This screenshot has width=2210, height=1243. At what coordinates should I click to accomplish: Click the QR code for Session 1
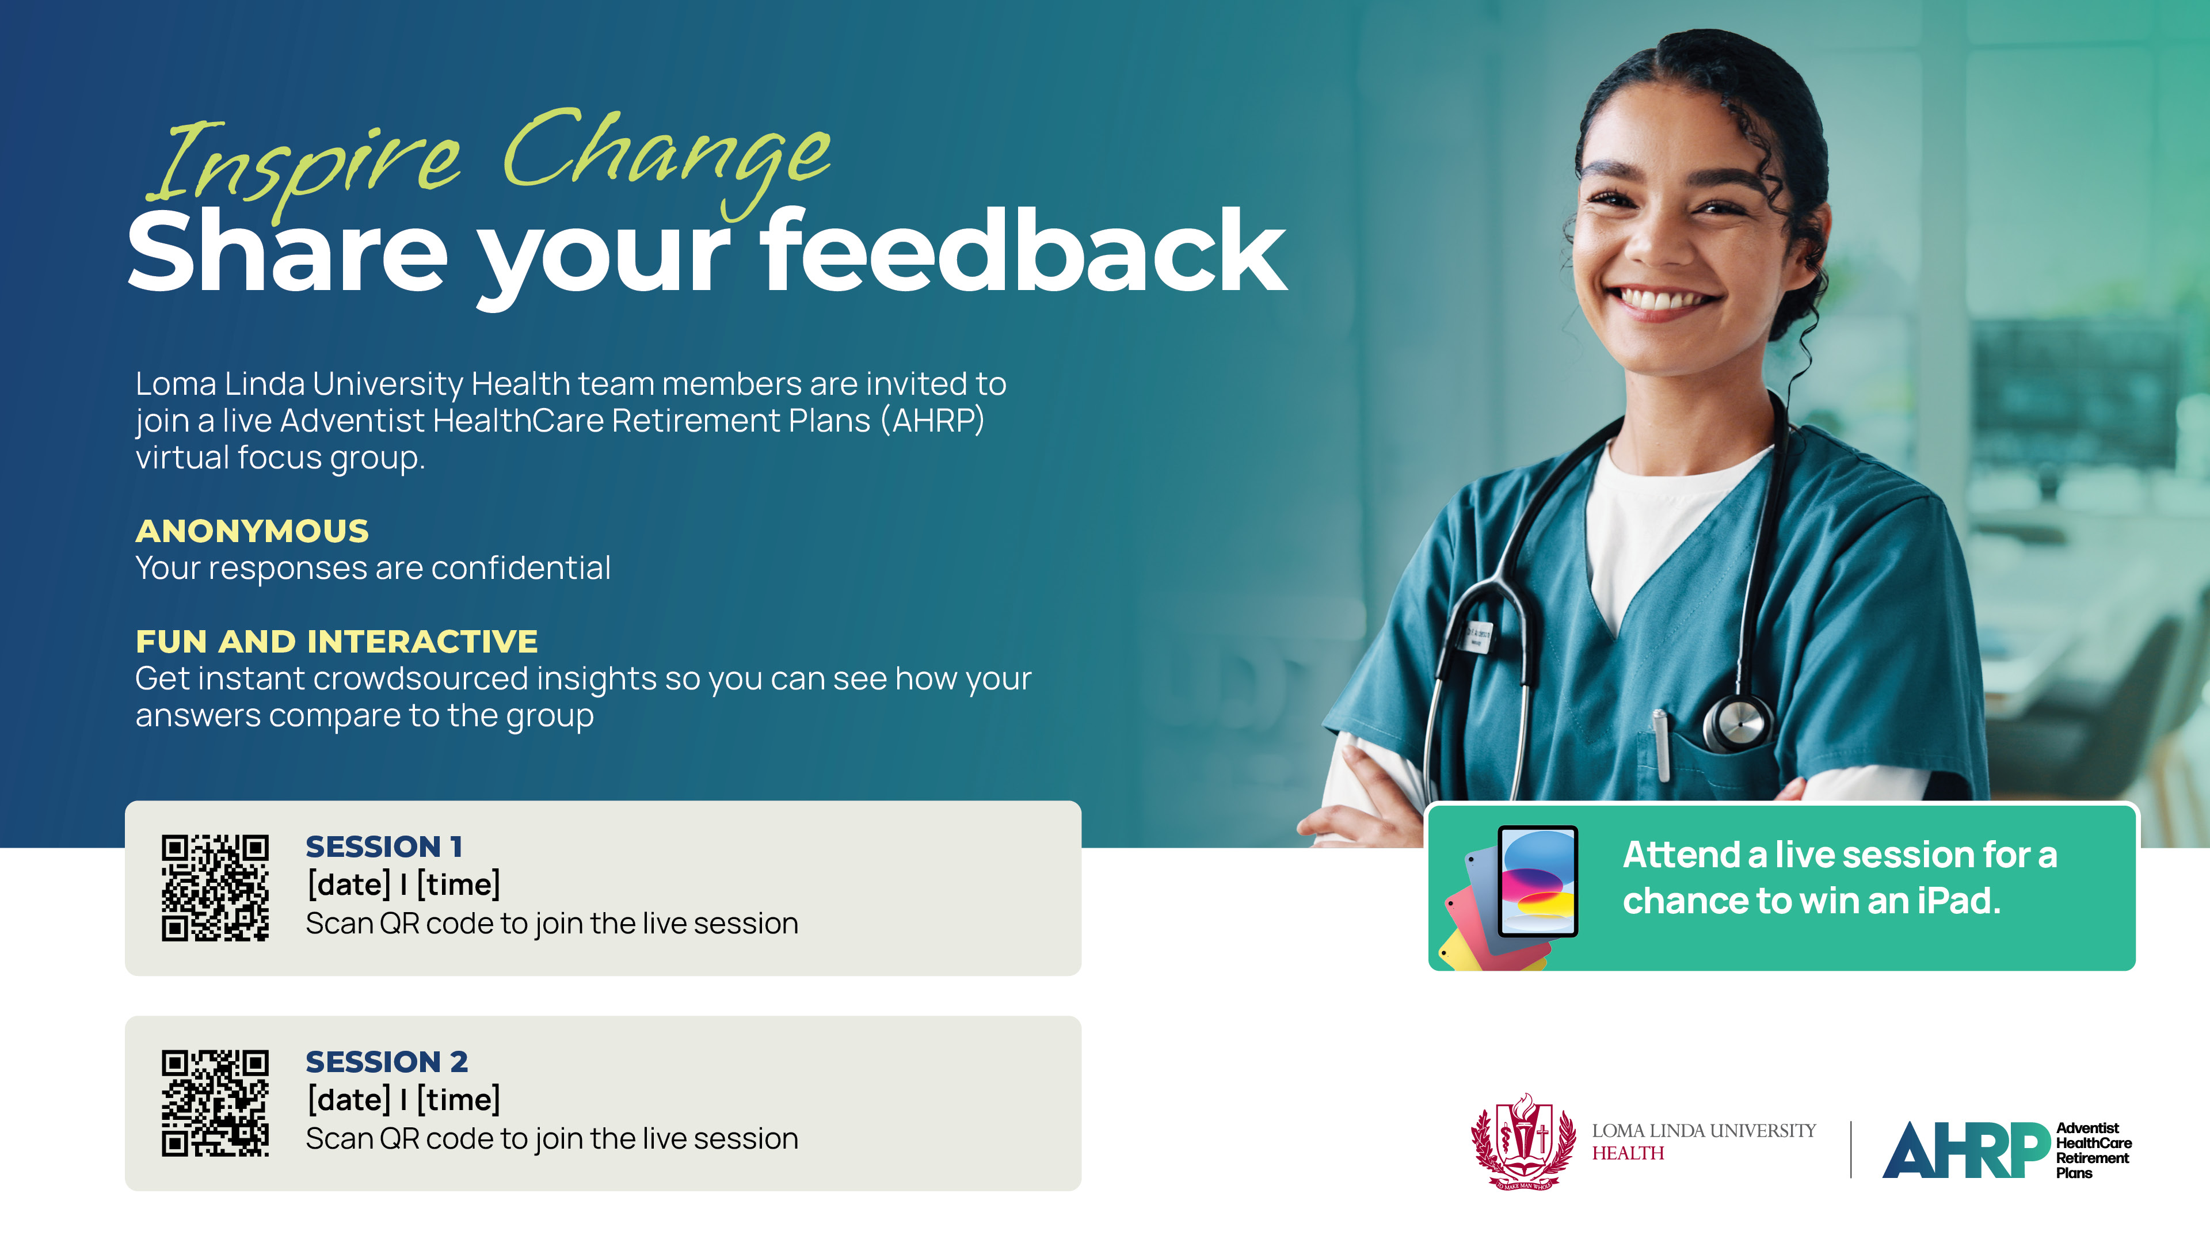coord(215,888)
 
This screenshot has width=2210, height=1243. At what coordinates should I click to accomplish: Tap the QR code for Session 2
coord(215,1103)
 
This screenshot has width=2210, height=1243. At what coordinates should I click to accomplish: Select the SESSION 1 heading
coord(384,847)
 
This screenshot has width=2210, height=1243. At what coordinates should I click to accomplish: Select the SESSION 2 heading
coord(387,1062)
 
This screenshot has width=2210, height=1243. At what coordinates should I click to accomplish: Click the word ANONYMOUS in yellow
coord(252,531)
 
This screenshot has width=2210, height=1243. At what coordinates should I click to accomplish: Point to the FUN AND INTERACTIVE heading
coord(336,642)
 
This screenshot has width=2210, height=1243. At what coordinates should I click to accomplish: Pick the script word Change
coord(666,154)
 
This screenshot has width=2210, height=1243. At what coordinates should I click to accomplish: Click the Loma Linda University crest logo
coord(1523,1142)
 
